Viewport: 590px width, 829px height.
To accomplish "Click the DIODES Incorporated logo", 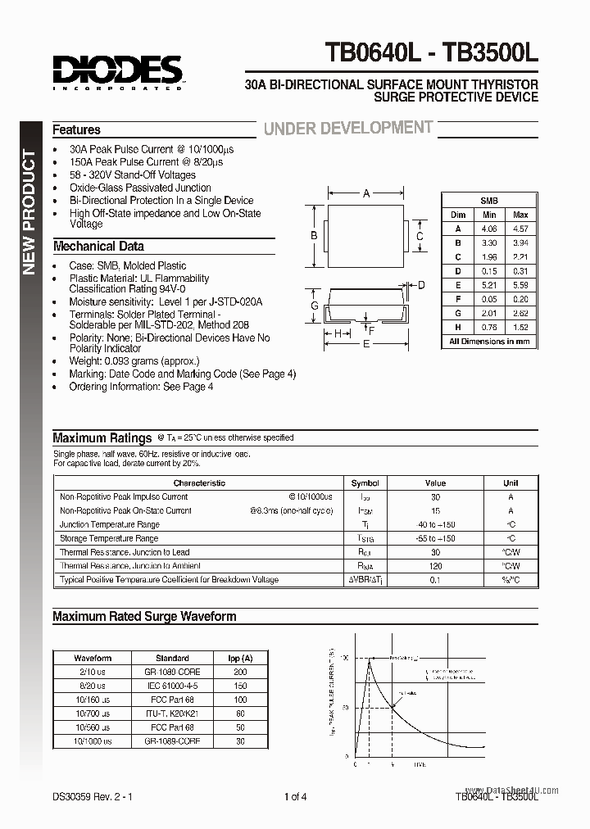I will tap(119, 71).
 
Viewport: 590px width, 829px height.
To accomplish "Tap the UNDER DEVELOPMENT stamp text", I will tap(347, 128).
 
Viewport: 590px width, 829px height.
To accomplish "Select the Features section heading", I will tap(76, 129).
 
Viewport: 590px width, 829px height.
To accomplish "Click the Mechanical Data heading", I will tap(98, 246).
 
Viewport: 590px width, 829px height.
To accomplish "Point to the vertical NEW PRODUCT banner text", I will tap(27, 212).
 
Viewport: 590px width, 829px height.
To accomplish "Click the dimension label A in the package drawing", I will tap(366, 194).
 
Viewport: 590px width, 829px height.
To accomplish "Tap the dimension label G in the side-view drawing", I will tap(314, 306).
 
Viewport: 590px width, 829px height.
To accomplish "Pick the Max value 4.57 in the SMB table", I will tap(520, 229).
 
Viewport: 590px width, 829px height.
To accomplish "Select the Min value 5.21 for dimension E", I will tap(489, 285).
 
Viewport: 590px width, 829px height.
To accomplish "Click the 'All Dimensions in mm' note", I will tap(489, 342).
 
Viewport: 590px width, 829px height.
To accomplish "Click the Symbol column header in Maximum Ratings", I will tap(365, 483).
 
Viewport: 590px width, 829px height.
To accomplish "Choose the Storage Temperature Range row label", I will tap(109, 538).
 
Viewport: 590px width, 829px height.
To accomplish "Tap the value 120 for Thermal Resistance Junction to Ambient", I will tap(435, 566).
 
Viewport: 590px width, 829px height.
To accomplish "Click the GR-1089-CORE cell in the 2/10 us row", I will tap(172, 671).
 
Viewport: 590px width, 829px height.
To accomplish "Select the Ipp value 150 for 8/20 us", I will tap(240, 685).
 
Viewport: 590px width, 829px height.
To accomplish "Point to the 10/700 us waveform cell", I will tap(93, 713).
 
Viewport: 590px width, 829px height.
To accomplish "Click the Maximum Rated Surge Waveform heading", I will tap(144, 616).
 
